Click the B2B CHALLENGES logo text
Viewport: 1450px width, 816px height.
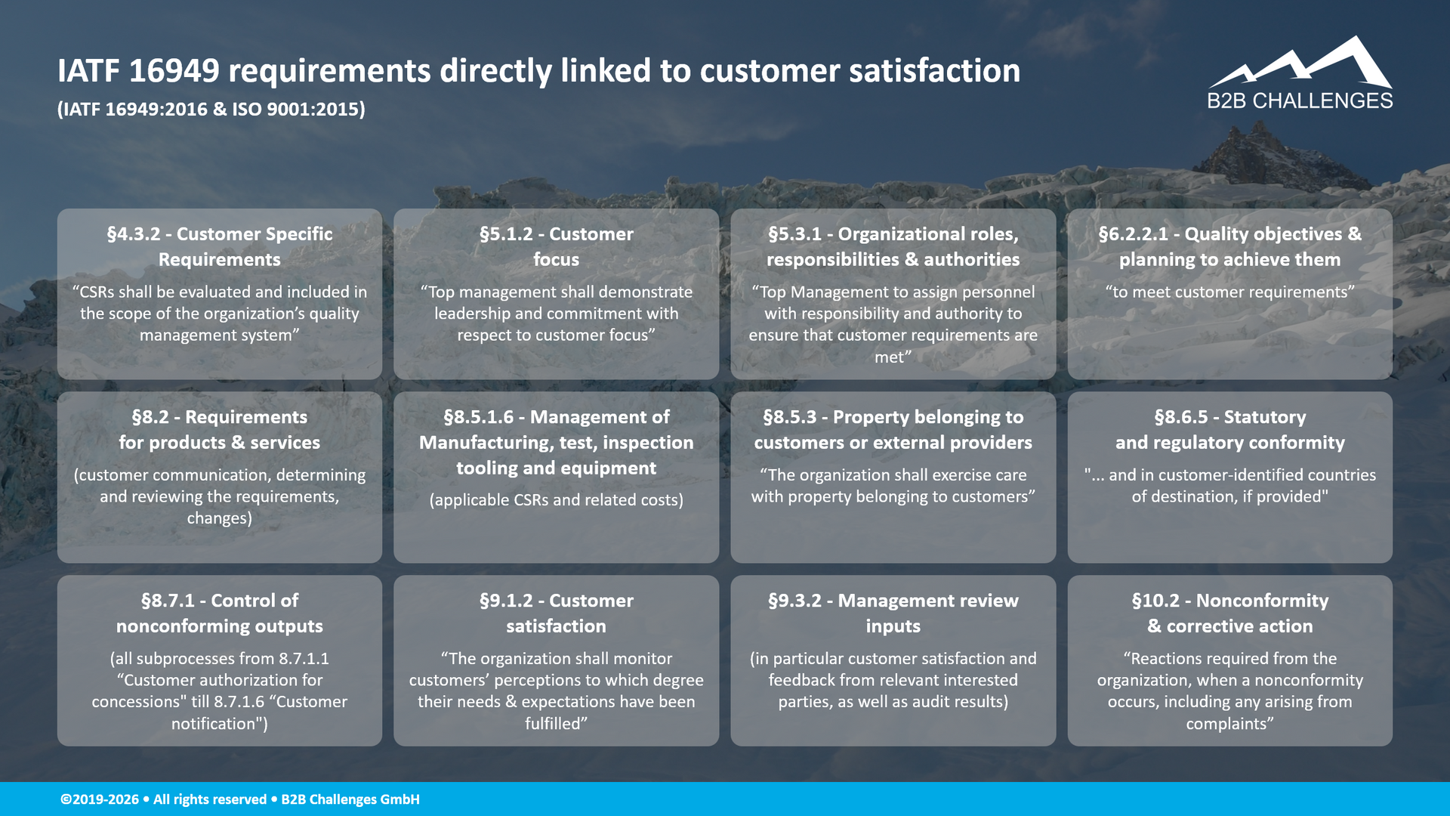[1300, 101]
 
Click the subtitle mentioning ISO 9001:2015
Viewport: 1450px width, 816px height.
[211, 110]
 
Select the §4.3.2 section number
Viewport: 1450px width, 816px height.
[134, 234]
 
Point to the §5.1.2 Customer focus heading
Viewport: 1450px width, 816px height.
[557, 246]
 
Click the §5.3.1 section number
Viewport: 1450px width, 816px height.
[795, 234]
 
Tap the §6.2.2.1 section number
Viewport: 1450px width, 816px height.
[1133, 234]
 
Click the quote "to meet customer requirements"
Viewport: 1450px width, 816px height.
[1229, 292]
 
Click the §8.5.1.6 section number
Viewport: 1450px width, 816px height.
[478, 417]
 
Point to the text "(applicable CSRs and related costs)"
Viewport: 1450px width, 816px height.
[557, 500]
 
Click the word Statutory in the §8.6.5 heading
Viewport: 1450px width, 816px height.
[1264, 417]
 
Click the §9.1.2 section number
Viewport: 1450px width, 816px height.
[506, 601]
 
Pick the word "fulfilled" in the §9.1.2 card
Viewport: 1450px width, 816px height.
[554, 724]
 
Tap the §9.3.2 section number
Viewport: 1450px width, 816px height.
[795, 601]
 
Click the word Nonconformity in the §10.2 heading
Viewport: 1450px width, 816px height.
[1262, 601]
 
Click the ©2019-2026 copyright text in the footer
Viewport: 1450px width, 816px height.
[100, 799]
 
